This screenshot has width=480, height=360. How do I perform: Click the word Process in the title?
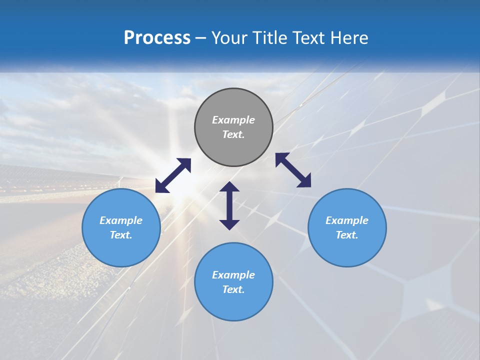[157, 37]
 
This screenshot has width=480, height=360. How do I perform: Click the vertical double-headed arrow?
[229, 205]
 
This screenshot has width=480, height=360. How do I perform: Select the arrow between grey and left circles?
[173, 175]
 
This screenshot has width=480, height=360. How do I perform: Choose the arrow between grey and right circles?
[293, 170]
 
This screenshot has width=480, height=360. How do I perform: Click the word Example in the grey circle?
[233, 120]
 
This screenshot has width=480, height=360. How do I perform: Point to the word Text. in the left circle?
[121, 235]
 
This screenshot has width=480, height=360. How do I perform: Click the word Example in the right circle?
[347, 220]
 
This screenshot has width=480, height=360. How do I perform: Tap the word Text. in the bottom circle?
[233, 289]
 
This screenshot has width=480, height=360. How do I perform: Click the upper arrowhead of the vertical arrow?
[229, 187]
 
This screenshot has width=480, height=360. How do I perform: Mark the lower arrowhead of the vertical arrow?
[229, 224]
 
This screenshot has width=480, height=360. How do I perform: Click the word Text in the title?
[310, 37]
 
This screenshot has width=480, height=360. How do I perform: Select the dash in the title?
[200, 38]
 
